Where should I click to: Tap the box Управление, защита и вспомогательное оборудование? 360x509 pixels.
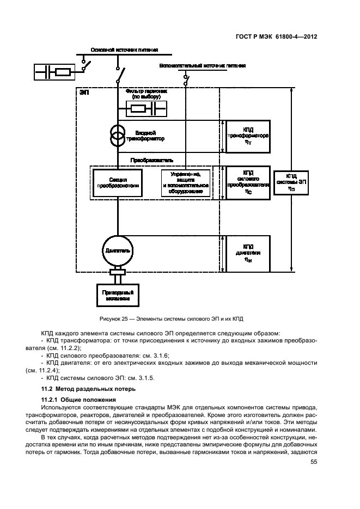(x=185, y=182)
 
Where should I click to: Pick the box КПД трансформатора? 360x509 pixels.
(x=247, y=136)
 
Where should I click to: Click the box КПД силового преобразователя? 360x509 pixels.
(x=247, y=182)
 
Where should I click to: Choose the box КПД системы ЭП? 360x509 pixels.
(x=291, y=182)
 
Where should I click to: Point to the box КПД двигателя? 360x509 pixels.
(x=247, y=253)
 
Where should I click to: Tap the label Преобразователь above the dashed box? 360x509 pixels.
(x=151, y=161)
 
